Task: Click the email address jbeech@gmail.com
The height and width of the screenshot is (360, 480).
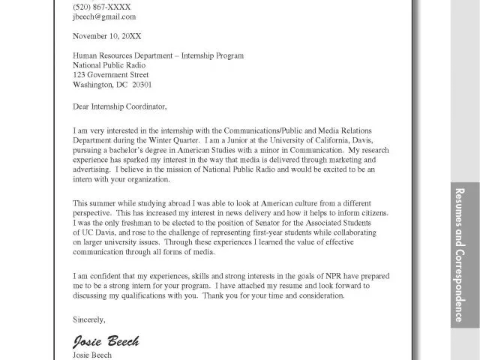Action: click(x=104, y=16)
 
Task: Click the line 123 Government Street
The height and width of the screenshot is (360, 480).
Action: click(x=110, y=75)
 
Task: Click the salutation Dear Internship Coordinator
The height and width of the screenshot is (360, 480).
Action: click(x=120, y=105)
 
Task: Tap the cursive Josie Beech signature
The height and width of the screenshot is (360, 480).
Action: click(x=106, y=341)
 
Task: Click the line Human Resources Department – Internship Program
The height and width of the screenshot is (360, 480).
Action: click(x=158, y=55)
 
